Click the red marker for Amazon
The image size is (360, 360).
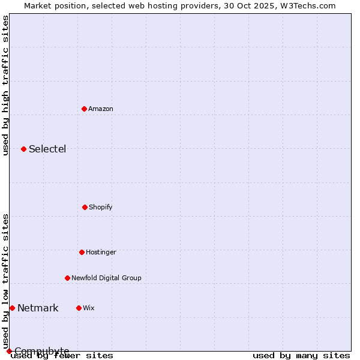(84, 109)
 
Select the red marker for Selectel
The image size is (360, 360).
(23, 149)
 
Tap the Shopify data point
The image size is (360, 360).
(85, 207)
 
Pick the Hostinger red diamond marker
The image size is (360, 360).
(82, 252)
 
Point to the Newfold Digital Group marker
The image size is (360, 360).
(67, 278)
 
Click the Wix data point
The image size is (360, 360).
(79, 308)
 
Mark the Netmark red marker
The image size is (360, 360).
(12, 308)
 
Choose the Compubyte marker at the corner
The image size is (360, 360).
(9, 351)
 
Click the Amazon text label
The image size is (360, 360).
(101, 109)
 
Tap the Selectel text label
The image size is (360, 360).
(47, 149)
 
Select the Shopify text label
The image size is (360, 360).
(101, 207)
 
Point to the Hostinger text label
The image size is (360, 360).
(101, 252)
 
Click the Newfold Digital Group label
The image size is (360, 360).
(106, 278)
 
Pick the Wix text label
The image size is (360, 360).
(89, 308)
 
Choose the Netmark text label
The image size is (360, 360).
(38, 308)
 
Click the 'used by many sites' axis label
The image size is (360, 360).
(301, 355)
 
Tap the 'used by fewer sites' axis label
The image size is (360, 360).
(62, 355)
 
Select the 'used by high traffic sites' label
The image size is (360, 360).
(5, 85)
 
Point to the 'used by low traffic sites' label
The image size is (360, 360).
(5, 281)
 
